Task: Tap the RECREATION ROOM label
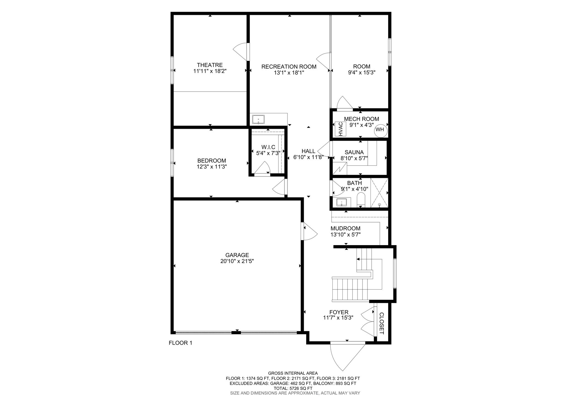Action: pos(289,67)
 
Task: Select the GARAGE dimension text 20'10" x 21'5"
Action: pos(237,261)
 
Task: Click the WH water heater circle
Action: pos(381,130)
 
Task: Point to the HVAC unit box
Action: pos(340,129)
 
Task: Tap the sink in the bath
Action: pos(342,202)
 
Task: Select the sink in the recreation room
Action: pos(258,120)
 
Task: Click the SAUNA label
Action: pos(354,152)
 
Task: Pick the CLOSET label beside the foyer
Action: pos(382,323)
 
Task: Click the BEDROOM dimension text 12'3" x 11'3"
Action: pos(212,167)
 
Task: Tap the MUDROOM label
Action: pos(345,228)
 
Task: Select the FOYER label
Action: pos(339,312)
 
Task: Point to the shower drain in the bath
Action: pos(379,204)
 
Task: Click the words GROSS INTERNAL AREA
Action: pos(293,373)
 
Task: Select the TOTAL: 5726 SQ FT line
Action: pos(293,388)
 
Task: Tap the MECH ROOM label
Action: pos(361,119)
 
